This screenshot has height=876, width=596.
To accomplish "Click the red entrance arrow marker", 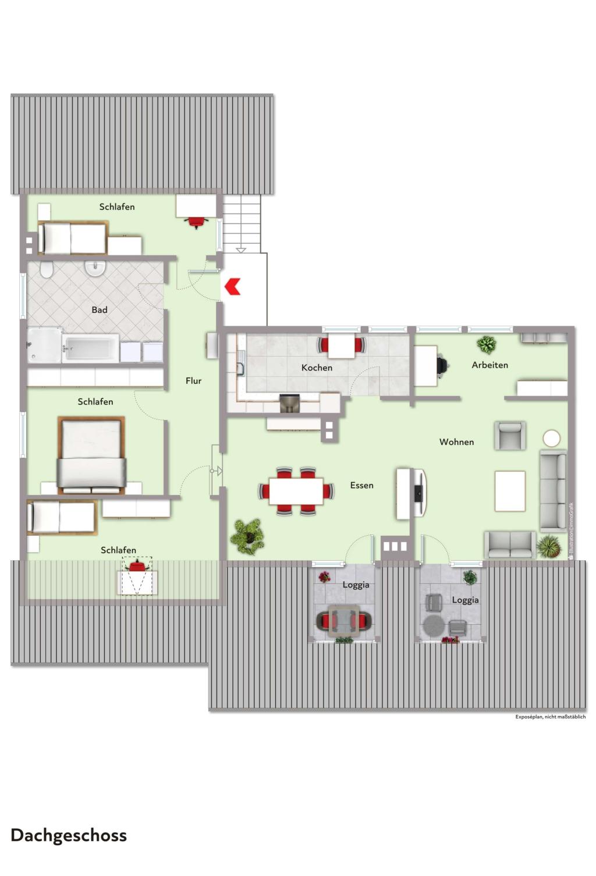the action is pos(232,286).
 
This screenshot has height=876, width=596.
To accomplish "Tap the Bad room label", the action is pos(100,309).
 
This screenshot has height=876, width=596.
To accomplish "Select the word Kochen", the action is pos(317,368).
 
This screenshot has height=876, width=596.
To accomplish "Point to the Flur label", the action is pos(193,380).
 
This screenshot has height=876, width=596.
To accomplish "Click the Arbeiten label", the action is pos(489,365).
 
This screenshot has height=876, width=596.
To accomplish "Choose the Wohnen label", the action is pos(456,442).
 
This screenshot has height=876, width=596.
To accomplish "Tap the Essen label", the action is pos(361,485).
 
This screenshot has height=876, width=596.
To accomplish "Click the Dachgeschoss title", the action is pos(69,836).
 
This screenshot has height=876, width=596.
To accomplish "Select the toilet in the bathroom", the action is pos(46,269).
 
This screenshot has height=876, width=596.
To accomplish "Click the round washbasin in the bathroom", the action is pos(95,268).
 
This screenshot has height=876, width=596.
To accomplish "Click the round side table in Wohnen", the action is pos(551,438).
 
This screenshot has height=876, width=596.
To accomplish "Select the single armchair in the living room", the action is pos(509,436).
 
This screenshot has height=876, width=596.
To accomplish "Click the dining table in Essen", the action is pos(296,491).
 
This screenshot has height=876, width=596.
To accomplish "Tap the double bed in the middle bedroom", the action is pos(91,455).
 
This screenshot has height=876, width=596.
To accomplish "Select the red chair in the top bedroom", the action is pos(197,222).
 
